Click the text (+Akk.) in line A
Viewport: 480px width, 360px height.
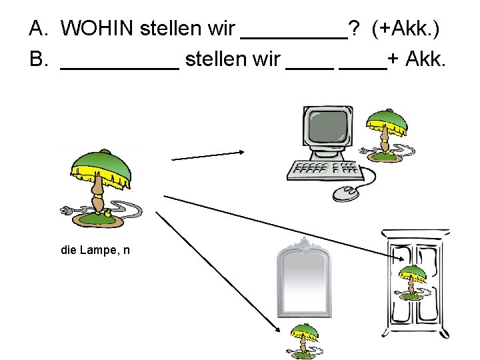point(407,29)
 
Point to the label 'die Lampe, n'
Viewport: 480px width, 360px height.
point(95,251)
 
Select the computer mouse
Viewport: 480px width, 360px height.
point(345,193)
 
